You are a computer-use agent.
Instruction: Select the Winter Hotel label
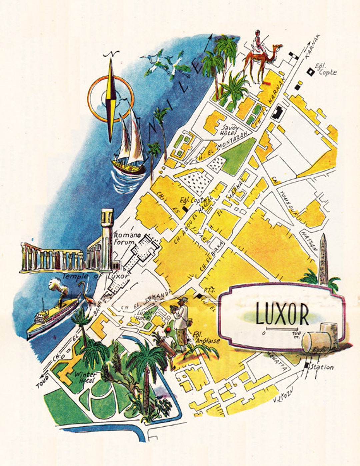85,377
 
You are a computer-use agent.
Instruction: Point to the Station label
321,367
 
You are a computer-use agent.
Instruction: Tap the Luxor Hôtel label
145,316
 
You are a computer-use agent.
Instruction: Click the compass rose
111,98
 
